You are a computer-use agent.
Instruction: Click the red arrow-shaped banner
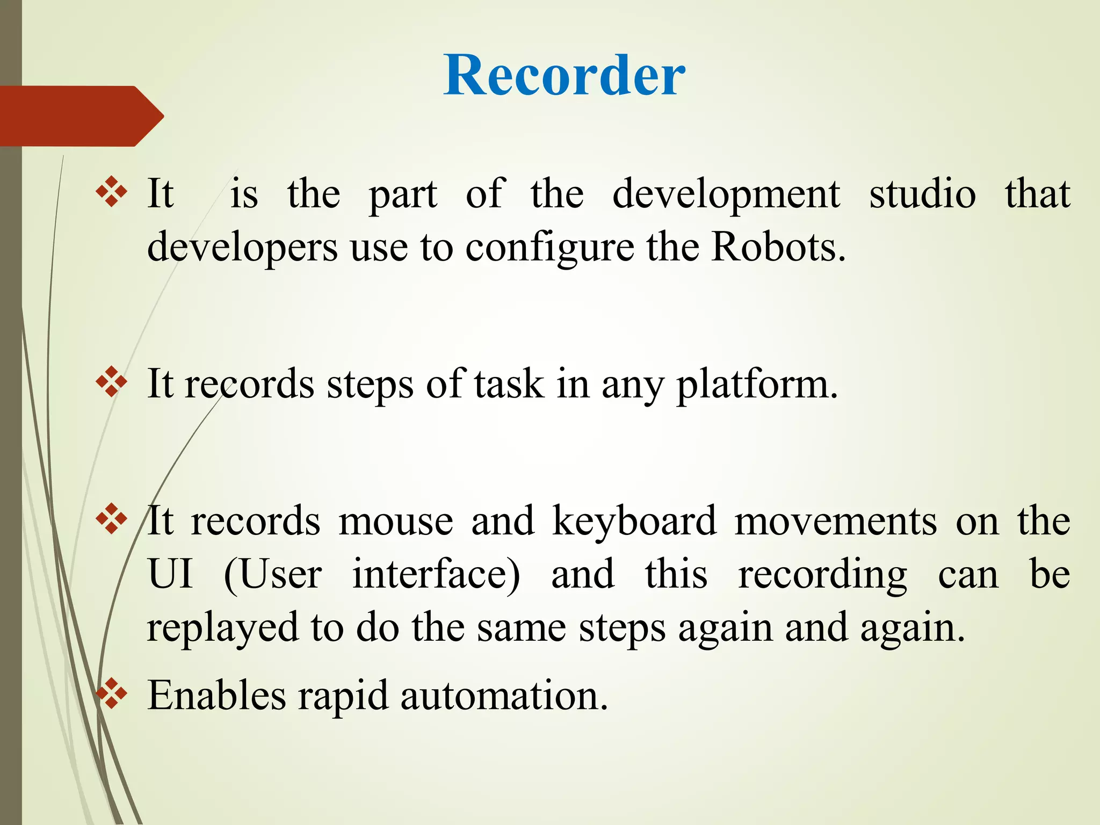81,115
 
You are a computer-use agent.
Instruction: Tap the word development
726,194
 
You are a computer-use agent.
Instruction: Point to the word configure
549,248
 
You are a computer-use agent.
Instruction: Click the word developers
242,248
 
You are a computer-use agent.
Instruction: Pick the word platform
756,385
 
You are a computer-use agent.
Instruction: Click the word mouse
396,521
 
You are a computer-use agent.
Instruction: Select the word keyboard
634,521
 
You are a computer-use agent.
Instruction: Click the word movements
835,521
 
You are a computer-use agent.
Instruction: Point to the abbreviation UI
170,574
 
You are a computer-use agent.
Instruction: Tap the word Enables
216,696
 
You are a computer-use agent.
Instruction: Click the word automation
504,696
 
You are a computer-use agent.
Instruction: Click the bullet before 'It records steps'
112,382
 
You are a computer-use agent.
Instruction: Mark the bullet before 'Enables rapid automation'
112,693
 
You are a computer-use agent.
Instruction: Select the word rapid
343,697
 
